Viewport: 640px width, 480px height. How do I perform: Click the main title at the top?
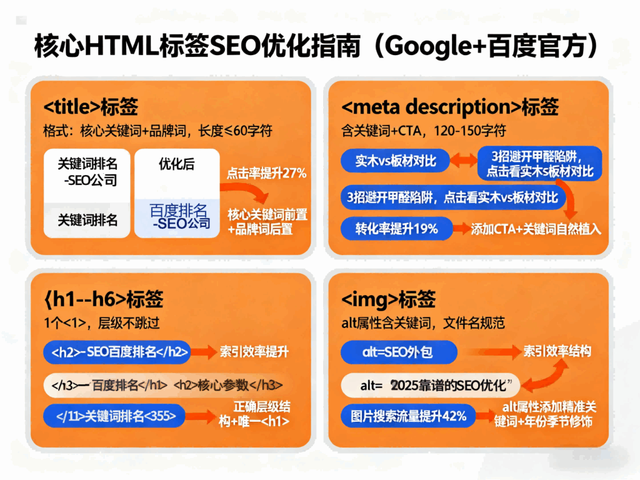(319, 46)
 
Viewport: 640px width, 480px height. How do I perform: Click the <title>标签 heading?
(91, 107)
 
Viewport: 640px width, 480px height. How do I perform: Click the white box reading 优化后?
(177, 165)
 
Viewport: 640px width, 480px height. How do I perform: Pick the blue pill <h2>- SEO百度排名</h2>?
(116, 352)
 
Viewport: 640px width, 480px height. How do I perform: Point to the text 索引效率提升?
(254, 352)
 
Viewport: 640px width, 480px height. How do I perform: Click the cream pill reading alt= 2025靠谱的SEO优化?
(431, 384)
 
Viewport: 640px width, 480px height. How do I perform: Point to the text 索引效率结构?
(556, 352)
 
